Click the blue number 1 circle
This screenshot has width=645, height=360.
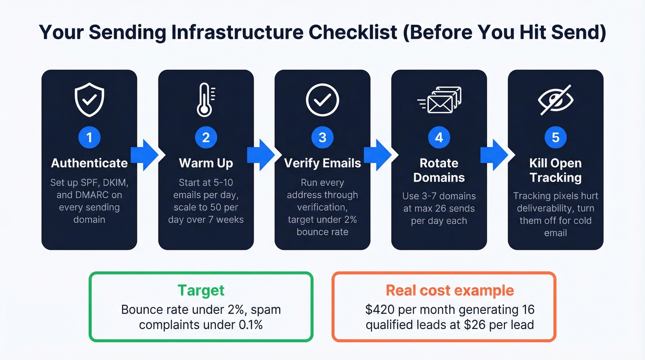pyautogui.click(x=89, y=137)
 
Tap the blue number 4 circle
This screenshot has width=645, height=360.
pyautogui.click(x=439, y=137)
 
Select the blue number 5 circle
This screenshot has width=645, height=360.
pyautogui.click(x=556, y=137)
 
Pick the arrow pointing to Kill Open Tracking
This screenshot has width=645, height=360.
pyautogui.click(x=494, y=155)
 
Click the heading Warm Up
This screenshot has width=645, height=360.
pyautogui.click(x=206, y=163)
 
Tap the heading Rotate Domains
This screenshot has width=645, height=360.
pyautogui.click(x=439, y=170)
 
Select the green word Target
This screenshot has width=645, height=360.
pyautogui.click(x=201, y=290)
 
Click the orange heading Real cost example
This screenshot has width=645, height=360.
pyautogui.click(x=450, y=290)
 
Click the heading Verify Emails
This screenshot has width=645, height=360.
pyautogui.click(x=322, y=163)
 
